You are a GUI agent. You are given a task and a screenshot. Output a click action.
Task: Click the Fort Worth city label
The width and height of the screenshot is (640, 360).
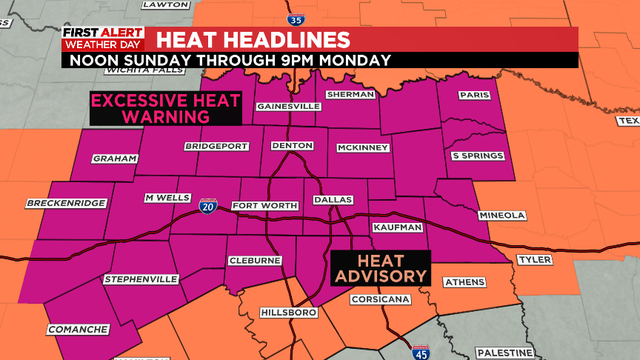(x=265, y=206)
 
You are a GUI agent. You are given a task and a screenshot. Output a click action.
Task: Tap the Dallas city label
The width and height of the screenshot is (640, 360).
(x=334, y=200)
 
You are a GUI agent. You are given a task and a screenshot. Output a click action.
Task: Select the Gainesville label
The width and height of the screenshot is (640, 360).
(x=287, y=106)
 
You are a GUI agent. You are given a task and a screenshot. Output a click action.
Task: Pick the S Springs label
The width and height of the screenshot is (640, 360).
(x=474, y=156)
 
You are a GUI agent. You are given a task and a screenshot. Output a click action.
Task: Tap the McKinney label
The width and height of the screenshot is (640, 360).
(x=362, y=147)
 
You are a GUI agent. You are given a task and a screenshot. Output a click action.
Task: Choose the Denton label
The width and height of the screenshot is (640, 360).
(x=293, y=146)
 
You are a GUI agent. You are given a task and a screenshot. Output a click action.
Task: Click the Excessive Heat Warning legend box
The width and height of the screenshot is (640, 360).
(x=151, y=108)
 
